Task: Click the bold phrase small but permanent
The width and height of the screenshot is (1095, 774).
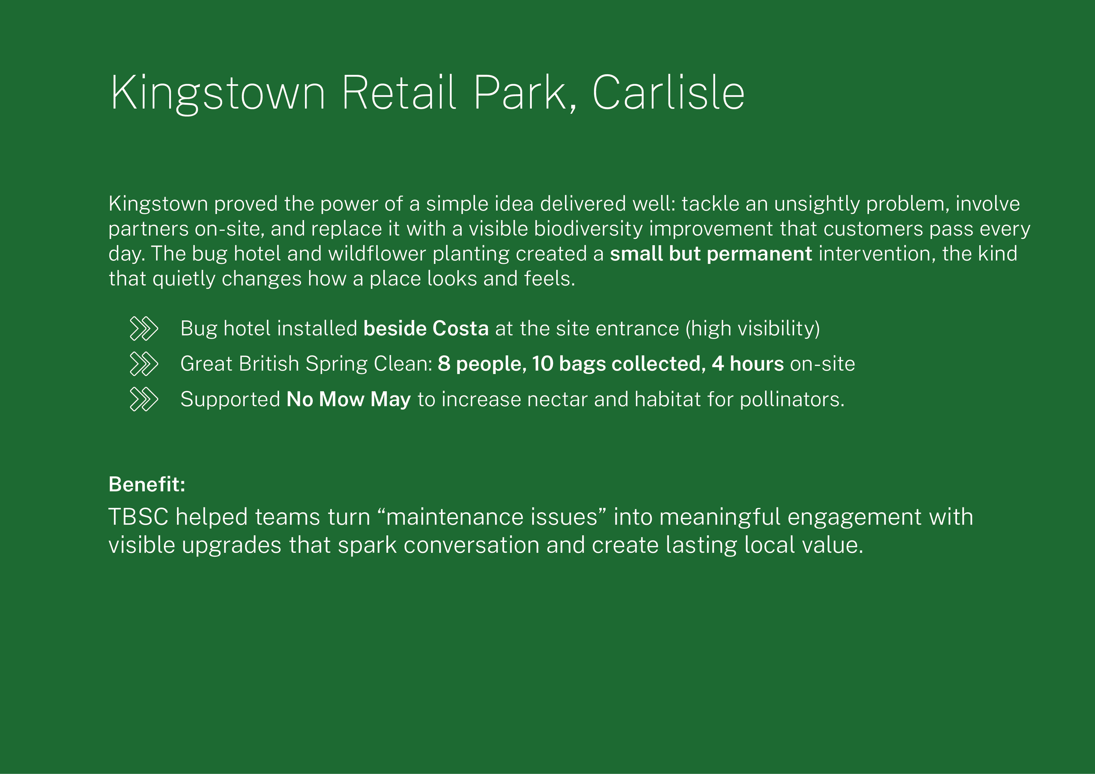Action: (710, 253)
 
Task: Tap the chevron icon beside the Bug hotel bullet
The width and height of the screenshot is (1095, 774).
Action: (144, 328)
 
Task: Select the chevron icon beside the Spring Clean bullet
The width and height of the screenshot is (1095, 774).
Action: (144, 364)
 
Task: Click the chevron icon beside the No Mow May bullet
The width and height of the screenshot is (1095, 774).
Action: (144, 399)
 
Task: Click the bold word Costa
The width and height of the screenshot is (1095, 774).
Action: (460, 328)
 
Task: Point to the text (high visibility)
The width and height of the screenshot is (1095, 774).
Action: (752, 329)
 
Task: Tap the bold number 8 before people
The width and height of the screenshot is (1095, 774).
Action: (444, 364)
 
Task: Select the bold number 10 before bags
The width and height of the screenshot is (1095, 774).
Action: (542, 364)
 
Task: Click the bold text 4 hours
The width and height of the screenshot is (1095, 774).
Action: (747, 364)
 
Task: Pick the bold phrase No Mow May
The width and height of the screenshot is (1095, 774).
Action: (348, 399)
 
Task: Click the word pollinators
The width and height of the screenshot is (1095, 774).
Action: (791, 399)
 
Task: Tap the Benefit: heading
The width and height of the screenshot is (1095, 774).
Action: (147, 484)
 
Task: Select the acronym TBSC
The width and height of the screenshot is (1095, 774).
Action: (138, 517)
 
